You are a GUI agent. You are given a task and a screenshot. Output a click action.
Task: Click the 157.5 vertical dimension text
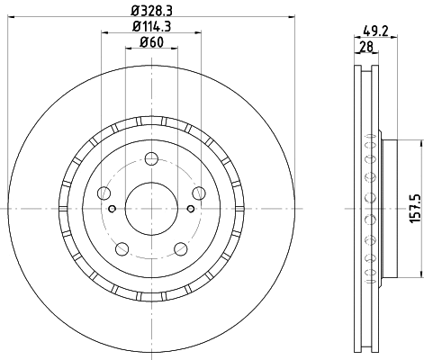pos(413,207)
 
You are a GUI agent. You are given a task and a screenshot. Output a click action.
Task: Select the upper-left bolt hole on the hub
pos(104,194)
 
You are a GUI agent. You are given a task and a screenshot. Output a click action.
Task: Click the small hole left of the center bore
pos(112,209)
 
